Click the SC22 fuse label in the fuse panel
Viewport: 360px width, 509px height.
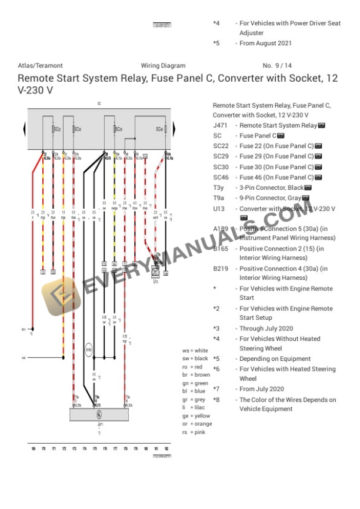pos(56,129)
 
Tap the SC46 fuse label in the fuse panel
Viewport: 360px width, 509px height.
pos(159,129)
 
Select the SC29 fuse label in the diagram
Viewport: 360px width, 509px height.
pos(119,129)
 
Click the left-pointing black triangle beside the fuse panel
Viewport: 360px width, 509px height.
pos(24,129)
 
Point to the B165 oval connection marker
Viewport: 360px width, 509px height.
pos(89,351)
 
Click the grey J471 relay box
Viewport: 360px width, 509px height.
pos(99,414)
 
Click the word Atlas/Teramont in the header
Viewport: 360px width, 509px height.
pos(40,66)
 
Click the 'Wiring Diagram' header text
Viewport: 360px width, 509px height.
pos(163,66)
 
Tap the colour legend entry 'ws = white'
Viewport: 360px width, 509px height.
pos(195,350)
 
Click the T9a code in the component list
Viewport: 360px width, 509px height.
pos(218,197)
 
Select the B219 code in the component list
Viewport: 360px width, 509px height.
pos(221,269)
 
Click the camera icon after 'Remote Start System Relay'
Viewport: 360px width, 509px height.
pos(321,126)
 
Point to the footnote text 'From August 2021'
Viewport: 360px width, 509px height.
pos(265,43)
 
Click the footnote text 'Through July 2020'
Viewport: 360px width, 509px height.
pos(266,329)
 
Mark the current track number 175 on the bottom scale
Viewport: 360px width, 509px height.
pos(94,448)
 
